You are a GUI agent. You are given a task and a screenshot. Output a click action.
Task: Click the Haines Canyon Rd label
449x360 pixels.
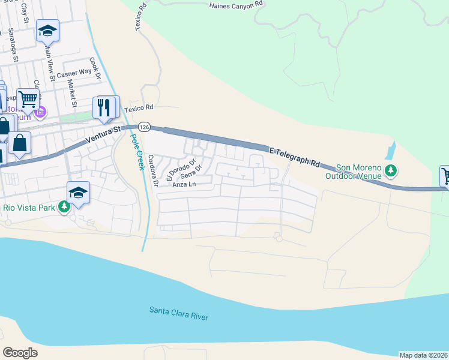click(x=237, y=5)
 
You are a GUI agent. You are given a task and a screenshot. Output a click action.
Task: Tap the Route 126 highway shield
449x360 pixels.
click(x=143, y=127)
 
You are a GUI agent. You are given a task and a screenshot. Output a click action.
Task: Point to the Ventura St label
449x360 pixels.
click(x=103, y=133)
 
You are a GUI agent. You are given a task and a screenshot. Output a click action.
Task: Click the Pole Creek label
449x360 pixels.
click(x=137, y=151)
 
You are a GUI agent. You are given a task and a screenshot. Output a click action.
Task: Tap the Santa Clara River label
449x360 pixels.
click(x=179, y=313)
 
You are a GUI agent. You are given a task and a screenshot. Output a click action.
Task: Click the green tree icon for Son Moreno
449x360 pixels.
click(x=391, y=171)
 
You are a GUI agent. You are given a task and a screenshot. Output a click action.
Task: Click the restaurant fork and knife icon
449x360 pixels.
click(x=106, y=107)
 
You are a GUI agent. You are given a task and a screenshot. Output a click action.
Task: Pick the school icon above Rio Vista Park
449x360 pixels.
click(x=78, y=193)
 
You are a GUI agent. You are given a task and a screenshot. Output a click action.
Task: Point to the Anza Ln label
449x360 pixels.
click(x=184, y=185)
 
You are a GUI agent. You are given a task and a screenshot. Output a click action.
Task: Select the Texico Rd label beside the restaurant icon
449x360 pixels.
click(x=139, y=108)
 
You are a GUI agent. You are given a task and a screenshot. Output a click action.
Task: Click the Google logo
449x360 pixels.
click(x=20, y=352)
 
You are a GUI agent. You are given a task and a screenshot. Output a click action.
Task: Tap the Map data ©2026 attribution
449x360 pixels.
click(x=423, y=355)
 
